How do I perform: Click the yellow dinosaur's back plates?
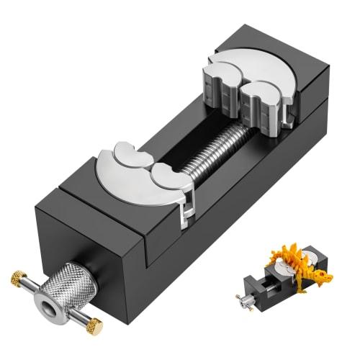292,259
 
